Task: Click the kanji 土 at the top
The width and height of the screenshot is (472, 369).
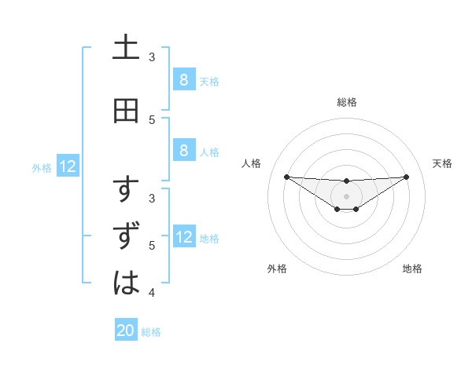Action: click(x=126, y=49)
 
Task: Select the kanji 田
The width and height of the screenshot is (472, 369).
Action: click(x=126, y=111)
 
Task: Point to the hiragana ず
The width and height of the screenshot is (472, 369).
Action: click(x=127, y=236)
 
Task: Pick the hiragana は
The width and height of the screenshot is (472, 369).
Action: click(x=126, y=282)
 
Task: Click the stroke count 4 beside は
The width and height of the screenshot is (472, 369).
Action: click(x=153, y=294)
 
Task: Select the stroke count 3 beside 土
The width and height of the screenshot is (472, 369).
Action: click(x=153, y=57)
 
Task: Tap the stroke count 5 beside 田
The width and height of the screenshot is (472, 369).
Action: click(x=153, y=119)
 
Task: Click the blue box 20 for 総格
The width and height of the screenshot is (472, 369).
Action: click(x=126, y=331)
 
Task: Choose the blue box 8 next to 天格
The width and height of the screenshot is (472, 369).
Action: click(x=183, y=79)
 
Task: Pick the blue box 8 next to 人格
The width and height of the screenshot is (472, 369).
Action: click(x=183, y=151)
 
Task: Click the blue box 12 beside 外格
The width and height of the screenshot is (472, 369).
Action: click(x=68, y=166)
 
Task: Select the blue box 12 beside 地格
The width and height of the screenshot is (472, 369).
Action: click(x=183, y=237)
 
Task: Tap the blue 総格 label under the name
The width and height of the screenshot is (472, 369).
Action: click(x=151, y=332)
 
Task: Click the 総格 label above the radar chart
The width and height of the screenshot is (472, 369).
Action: click(x=347, y=102)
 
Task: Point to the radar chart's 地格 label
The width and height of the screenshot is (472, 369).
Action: click(x=412, y=269)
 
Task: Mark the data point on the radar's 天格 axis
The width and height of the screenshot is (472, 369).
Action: click(x=406, y=177)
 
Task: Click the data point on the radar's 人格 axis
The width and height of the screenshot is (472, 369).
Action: click(x=286, y=177)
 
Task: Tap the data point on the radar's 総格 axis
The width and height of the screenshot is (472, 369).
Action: click(x=347, y=181)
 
